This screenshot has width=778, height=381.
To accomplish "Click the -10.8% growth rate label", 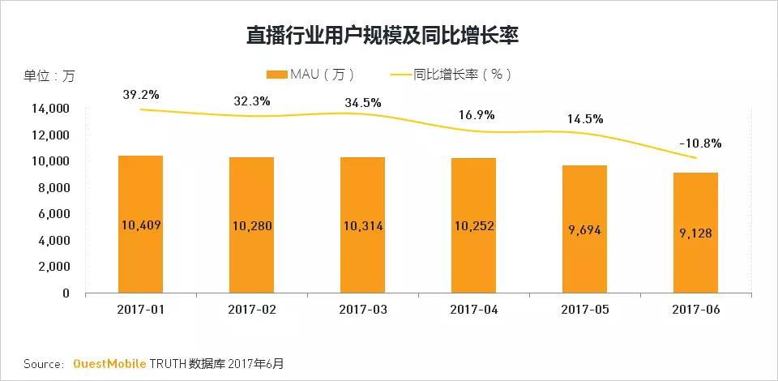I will tap(699, 143).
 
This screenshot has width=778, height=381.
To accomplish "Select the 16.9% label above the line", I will tap(476, 114).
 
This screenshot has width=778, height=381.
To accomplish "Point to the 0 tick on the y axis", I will tap(66, 293).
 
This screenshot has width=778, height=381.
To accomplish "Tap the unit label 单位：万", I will tap(49, 76).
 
